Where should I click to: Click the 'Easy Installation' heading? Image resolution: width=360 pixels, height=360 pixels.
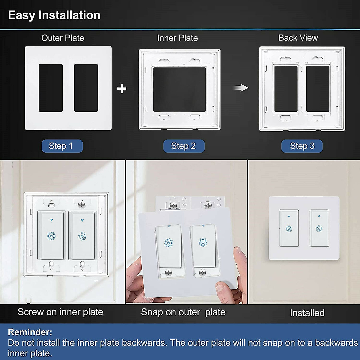click(x=54, y=15)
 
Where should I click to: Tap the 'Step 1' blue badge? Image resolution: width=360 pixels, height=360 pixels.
click(x=62, y=146)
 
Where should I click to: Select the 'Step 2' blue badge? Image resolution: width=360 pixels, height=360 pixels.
click(x=184, y=146)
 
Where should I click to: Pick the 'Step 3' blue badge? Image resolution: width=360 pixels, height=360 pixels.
click(x=302, y=146)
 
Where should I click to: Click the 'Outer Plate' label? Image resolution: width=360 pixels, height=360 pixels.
click(x=62, y=38)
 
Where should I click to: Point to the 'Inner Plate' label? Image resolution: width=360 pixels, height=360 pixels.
click(x=177, y=38)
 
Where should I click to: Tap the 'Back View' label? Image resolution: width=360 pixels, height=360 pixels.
click(x=298, y=38)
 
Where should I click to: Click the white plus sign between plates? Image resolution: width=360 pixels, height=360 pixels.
click(x=121, y=88)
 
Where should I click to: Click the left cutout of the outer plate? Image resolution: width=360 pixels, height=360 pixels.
click(x=51, y=88)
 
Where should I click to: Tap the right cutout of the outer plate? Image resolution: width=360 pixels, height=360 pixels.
click(x=86, y=88)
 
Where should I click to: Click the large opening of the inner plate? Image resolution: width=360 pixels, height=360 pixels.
click(x=179, y=89)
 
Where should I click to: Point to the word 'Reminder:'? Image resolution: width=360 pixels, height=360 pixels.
click(x=30, y=332)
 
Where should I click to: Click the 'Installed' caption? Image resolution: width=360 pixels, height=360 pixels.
click(x=307, y=313)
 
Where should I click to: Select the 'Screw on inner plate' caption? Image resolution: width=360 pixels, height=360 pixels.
click(x=60, y=312)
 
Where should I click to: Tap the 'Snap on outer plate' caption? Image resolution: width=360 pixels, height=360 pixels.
click(x=183, y=312)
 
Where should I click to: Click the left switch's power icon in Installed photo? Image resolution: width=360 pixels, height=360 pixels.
click(x=289, y=229)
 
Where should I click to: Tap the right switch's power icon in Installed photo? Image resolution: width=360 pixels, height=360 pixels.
click(x=319, y=229)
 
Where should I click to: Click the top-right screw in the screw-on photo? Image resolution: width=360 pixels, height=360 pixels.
click(x=82, y=205)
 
